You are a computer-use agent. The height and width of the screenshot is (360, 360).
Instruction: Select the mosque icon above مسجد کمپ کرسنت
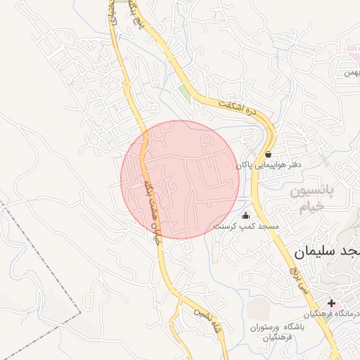pyautogui.click(x=245, y=216)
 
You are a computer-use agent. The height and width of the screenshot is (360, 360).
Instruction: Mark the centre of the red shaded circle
pyautogui.click(x=180, y=179)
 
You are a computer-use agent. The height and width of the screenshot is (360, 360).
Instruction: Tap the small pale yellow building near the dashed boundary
pyautogui.click(x=87, y=302)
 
